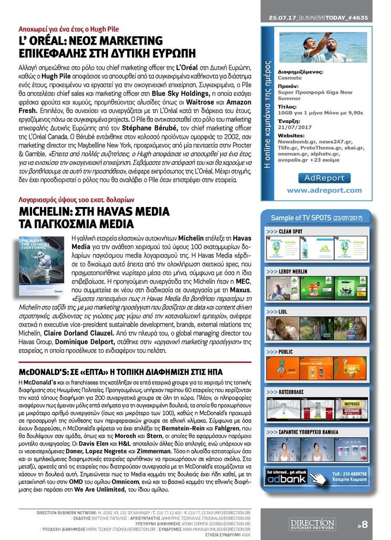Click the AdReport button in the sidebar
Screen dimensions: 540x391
(324, 178)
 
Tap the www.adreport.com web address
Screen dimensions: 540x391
(324, 190)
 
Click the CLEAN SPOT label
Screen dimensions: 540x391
(290, 231)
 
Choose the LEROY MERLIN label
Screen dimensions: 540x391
(293, 271)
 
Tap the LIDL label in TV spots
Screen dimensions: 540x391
(283, 311)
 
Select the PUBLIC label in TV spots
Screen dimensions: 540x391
(286, 351)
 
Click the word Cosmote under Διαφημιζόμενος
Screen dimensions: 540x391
(290, 78)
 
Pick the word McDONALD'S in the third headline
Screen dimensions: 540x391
(43, 372)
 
